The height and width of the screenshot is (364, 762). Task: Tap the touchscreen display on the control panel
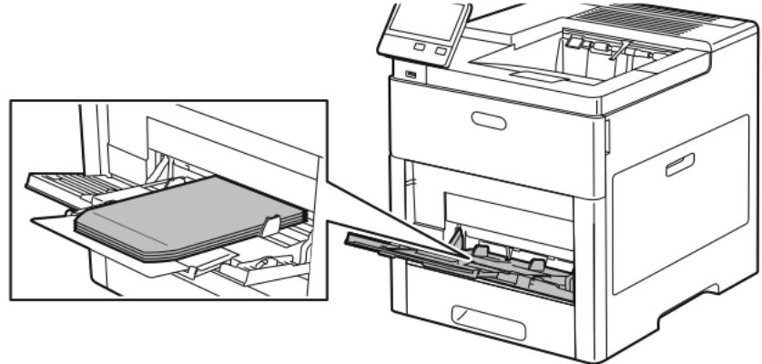tap(426, 21)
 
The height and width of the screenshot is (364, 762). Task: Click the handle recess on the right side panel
tap(678, 164)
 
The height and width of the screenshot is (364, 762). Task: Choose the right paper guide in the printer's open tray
tap(536, 264)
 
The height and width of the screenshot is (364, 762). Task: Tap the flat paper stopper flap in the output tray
tap(528, 70)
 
